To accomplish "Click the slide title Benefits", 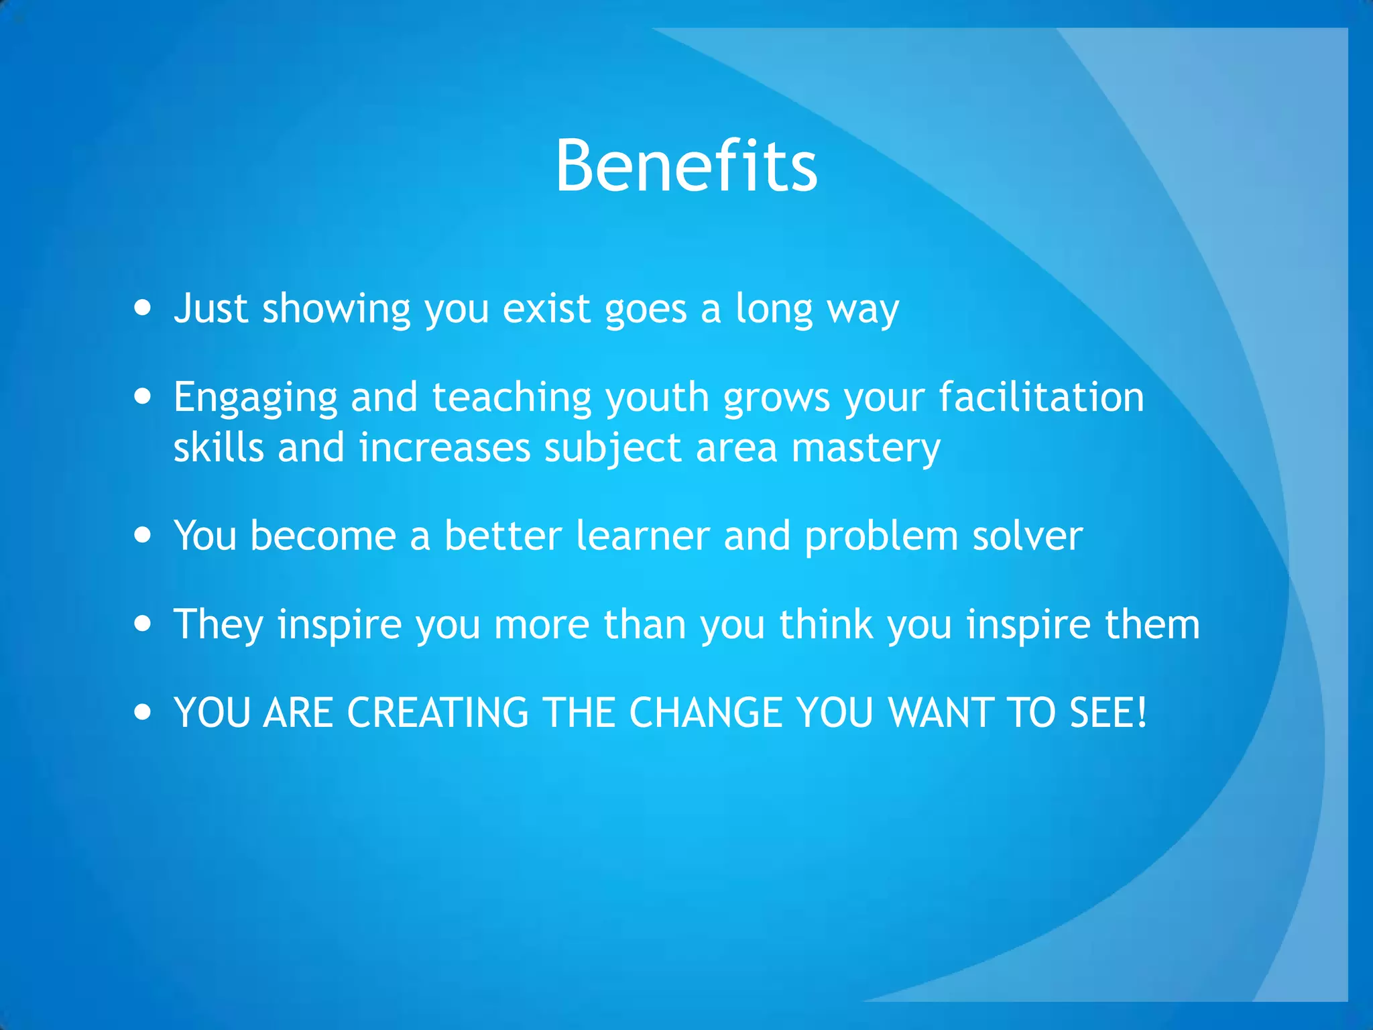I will pyautogui.click(x=686, y=166).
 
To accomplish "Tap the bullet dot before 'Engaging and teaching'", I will pyautogui.click(x=143, y=396).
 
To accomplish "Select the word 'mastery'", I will pyautogui.click(x=865, y=449).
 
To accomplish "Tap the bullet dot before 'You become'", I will pyautogui.click(x=143, y=535).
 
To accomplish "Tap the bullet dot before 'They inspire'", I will pyautogui.click(x=143, y=624).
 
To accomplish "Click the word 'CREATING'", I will pyautogui.click(x=438, y=712).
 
